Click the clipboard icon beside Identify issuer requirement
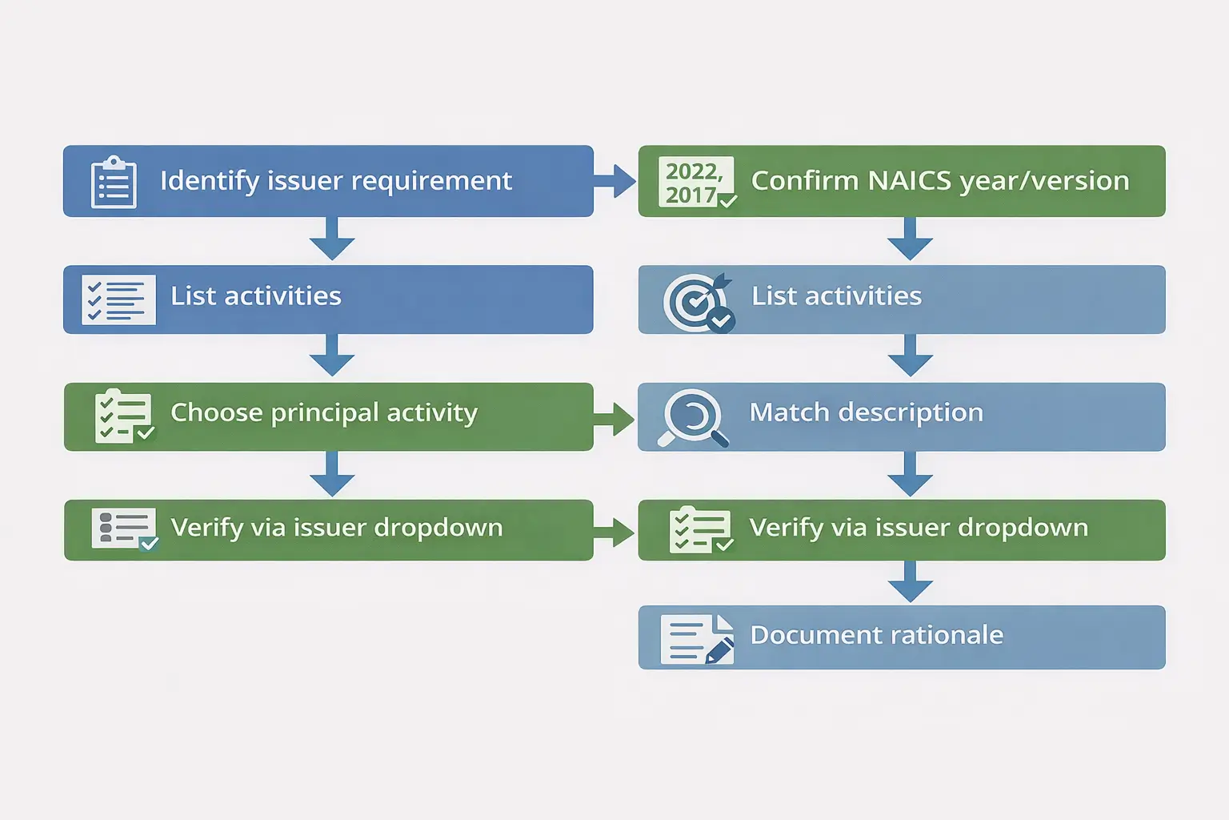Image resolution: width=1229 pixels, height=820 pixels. click(114, 183)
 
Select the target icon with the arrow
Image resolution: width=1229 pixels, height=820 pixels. click(699, 302)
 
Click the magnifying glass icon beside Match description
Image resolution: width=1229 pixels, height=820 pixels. click(693, 417)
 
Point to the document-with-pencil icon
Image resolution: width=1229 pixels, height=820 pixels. click(697, 639)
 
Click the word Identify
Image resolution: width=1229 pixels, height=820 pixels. click(210, 181)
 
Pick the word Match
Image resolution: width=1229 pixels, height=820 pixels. click(789, 412)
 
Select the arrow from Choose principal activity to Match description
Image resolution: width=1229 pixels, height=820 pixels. click(614, 419)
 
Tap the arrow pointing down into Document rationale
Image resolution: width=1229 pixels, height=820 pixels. click(910, 582)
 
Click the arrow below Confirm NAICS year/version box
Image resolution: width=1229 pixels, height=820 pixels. click(910, 239)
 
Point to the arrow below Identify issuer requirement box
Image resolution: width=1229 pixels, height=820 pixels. click(332, 239)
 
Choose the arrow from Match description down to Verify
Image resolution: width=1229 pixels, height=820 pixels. click(910, 474)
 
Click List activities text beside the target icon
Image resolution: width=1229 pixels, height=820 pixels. click(836, 296)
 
